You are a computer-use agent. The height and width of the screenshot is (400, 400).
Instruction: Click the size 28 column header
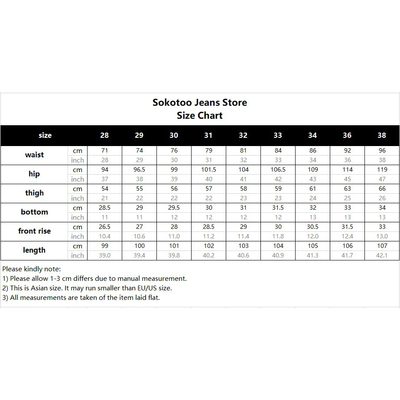(x=104, y=135)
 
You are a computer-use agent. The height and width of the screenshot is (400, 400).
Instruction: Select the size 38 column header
(x=382, y=135)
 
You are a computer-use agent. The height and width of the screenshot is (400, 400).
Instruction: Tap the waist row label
(x=34, y=155)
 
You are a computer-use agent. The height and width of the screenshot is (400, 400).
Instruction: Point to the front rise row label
(x=34, y=231)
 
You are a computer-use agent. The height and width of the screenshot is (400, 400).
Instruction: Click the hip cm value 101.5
(x=208, y=169)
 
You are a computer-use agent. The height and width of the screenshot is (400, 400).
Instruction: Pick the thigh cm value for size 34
(x=312, y=189)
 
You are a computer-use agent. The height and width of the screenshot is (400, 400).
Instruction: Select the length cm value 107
(x=382, y=246)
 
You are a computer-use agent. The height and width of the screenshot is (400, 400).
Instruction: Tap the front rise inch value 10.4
(x=104, y=236)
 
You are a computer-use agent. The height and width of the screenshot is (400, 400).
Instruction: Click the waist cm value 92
(x=347, y=150)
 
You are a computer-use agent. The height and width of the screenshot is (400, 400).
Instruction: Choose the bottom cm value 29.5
(x=174, y=208)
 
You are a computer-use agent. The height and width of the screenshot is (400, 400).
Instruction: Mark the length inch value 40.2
(x=208, y=255)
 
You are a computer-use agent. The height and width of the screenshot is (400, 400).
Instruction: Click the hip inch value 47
(x=382, y=179)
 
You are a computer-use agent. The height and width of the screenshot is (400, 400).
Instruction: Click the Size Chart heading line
(x=200, y=116)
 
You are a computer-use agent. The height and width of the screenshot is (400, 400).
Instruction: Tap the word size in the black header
(x=45, y=135)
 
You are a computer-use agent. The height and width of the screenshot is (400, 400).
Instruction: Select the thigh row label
(x=34, y=193)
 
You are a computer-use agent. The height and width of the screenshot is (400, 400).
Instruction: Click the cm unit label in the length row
(x=78, y=246)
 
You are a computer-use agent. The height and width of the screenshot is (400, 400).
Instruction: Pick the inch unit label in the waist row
(x=78, y=160)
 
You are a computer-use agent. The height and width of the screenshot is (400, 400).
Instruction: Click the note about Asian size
(x=87, y=288)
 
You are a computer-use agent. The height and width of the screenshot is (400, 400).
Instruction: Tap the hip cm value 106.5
(x=278, y=169)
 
